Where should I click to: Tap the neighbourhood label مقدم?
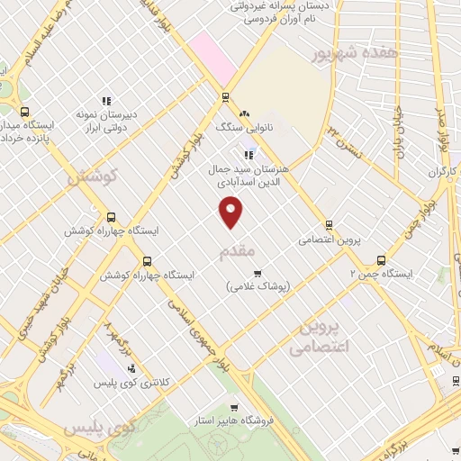(x=238, y=251)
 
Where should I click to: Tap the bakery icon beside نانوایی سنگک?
(x=243, y=113)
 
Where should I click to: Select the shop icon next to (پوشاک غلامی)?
(x=258, y=273)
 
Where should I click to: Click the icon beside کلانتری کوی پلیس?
(x=132, y=368)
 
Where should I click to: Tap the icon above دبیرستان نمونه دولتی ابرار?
(x=106, y=101)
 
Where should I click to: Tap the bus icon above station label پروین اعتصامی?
(x=329, y=225)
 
